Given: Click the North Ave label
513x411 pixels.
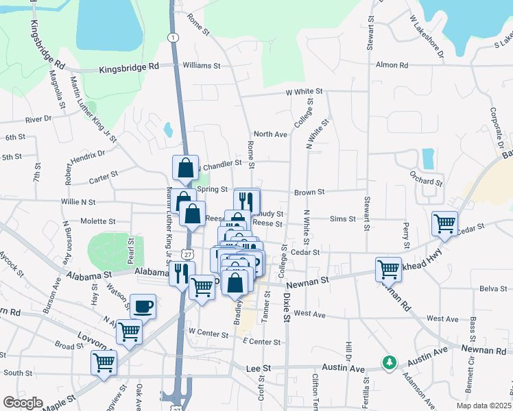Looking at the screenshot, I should coord(270,134).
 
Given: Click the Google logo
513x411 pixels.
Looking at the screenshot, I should coord(23,403).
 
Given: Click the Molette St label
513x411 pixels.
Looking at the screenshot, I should coord(98,221).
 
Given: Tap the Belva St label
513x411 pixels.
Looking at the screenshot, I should coord(492,289).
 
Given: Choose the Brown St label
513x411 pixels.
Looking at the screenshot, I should coord(309,192).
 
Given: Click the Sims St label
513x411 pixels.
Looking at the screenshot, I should coord(343,219).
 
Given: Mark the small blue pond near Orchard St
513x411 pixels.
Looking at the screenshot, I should coord(429,159).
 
